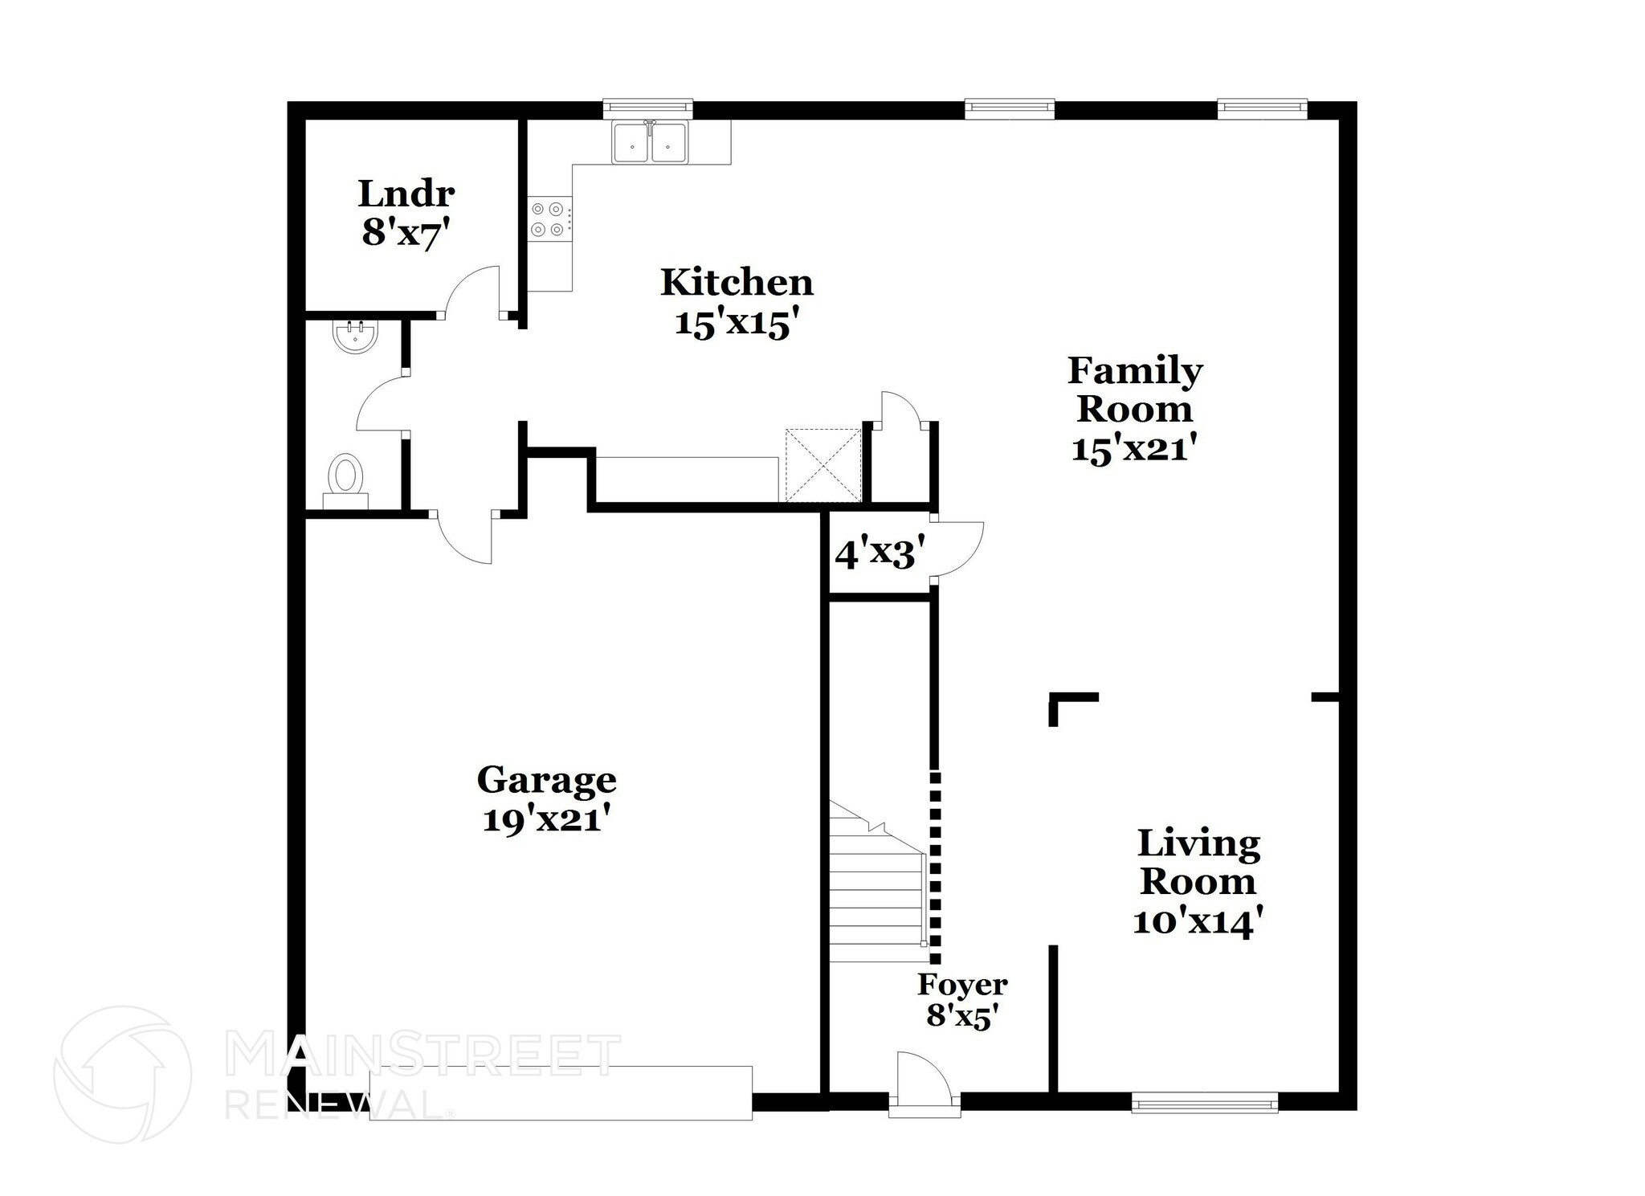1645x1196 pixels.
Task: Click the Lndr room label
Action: (x=406, y=194)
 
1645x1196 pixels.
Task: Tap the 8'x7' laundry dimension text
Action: (x=404, y=233)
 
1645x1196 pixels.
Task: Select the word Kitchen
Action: (x=737, y=283)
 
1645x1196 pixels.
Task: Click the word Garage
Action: (x=546, y=780)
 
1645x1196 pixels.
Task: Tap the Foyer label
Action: (x=962, y=984)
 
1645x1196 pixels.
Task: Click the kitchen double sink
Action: (x=650, y=144)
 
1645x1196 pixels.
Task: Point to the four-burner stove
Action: (x=547, y=219)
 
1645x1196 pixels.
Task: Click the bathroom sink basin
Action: (x=355, y=337)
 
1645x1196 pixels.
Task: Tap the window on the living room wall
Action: (x=1204, y=1105)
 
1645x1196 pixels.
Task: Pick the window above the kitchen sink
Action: (x=647, y=107)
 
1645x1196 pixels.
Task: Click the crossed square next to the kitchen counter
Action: (x=822, y=466)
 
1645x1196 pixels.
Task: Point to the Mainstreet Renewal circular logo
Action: (x=123, y=1074)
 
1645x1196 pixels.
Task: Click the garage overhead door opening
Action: (x=561, y=1092)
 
